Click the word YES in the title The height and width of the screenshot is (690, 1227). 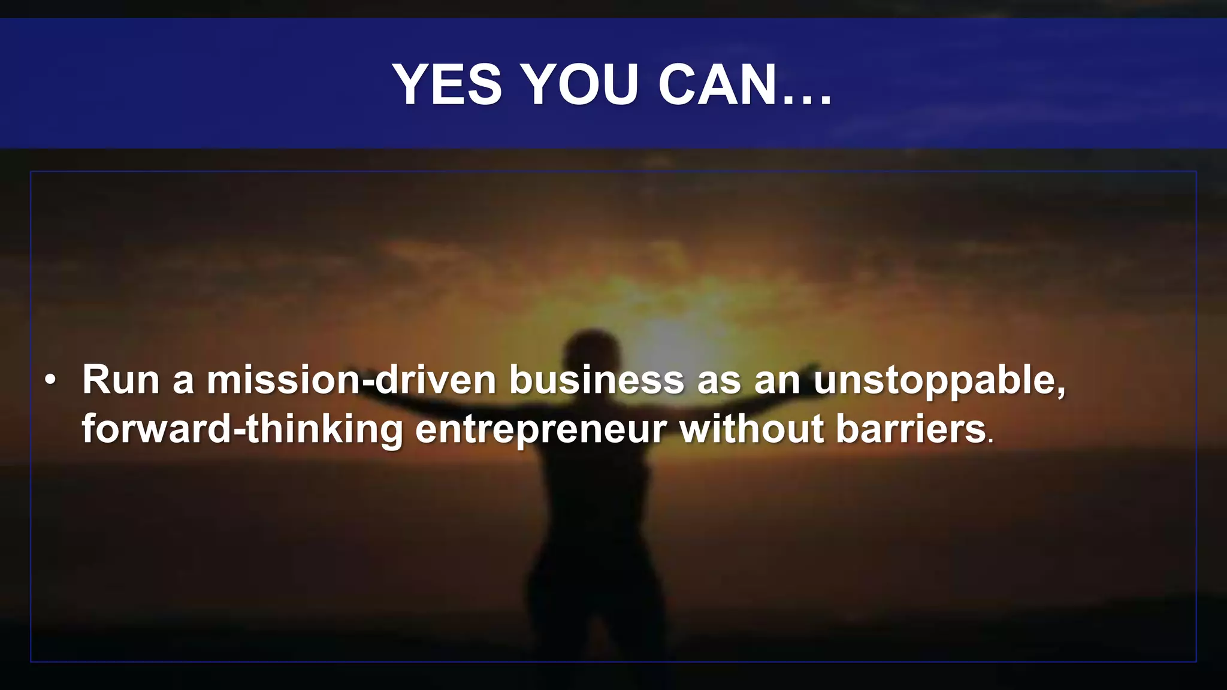[447, 84]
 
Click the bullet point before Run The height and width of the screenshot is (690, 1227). [51, 380]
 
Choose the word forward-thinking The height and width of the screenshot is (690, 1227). [243, 429]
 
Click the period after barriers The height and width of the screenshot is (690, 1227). [990, 441]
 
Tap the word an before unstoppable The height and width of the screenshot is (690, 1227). [777, 381]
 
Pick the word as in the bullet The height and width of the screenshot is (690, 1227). [719, 381]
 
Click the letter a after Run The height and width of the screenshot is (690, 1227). [183, 382]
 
